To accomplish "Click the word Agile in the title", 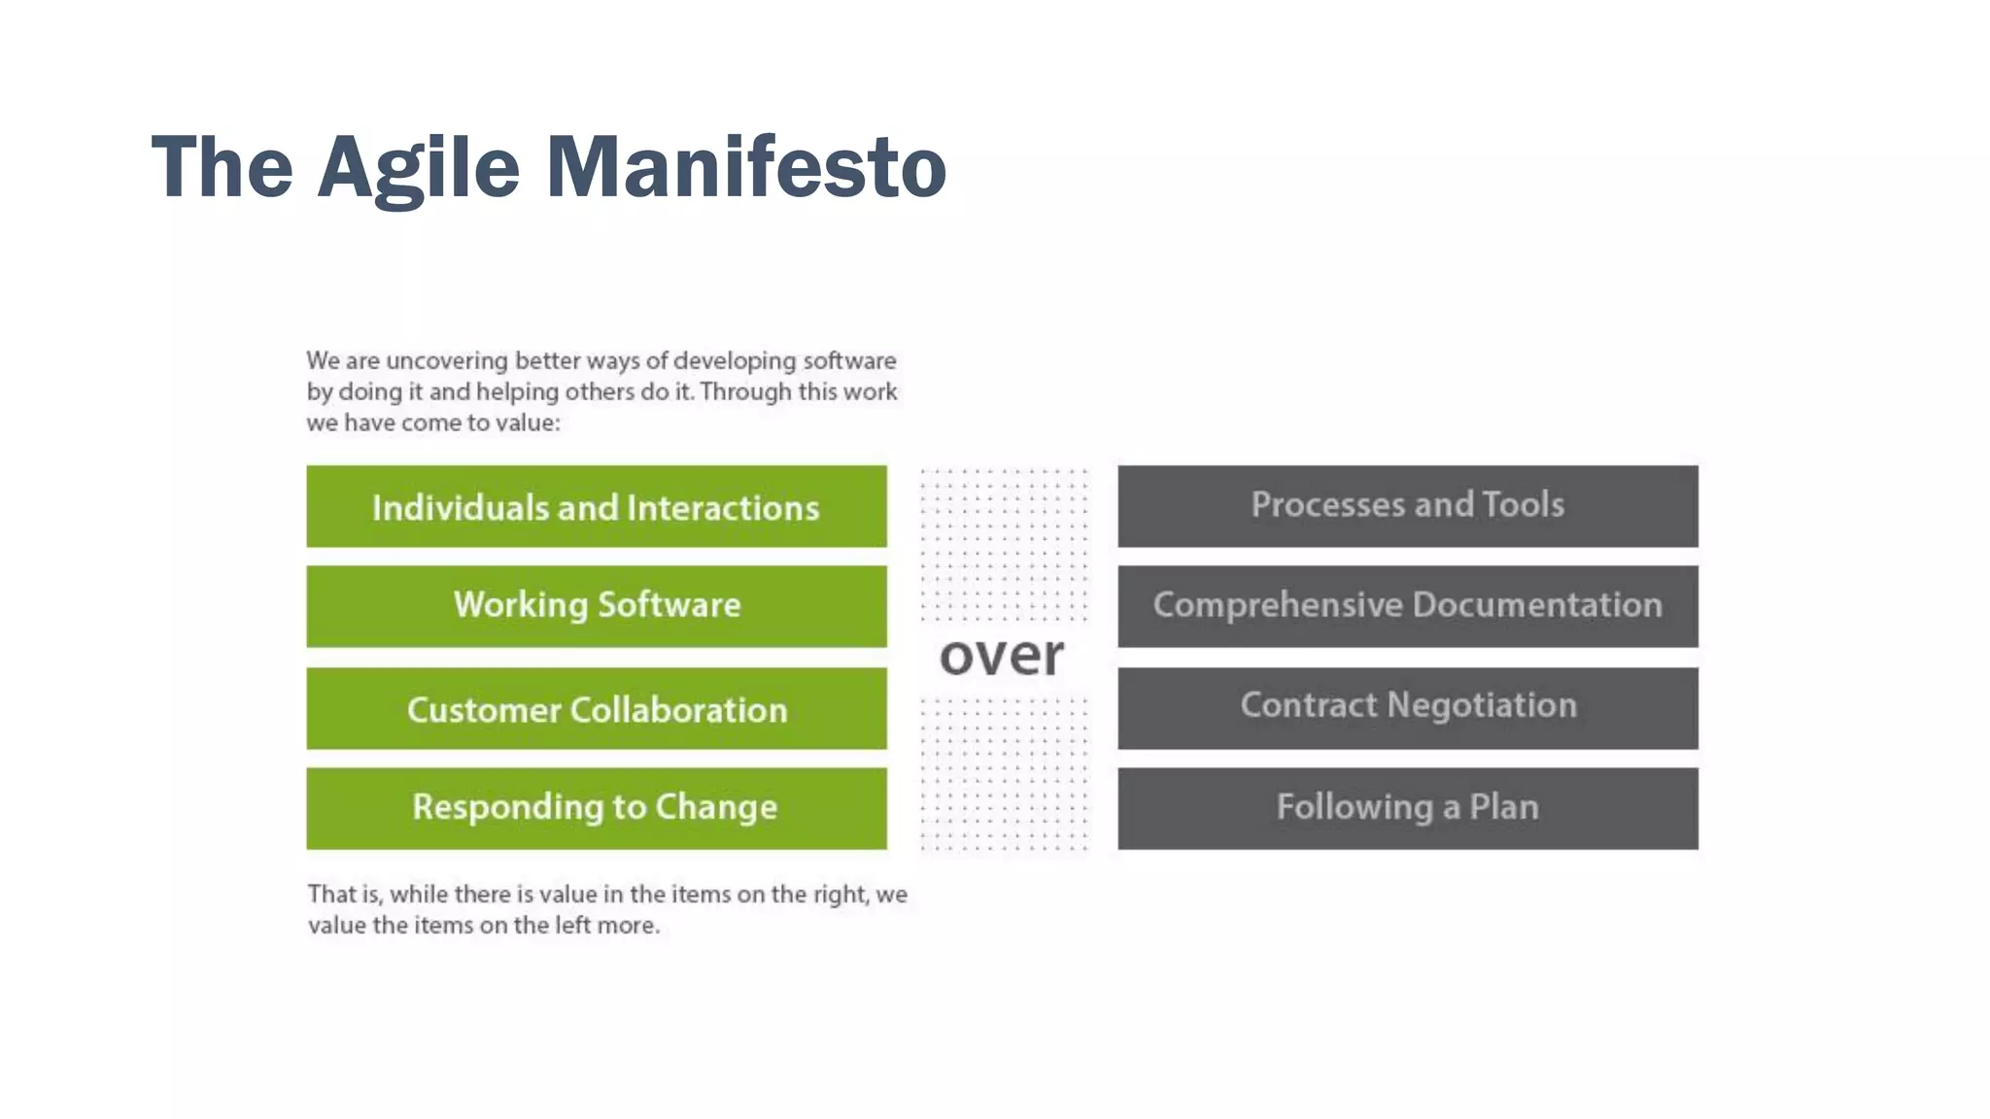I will [419, 167].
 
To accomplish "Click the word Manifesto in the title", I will [745, 167].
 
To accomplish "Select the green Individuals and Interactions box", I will [596, 506].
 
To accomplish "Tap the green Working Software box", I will [596, 606].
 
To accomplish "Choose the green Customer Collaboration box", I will [596, 708].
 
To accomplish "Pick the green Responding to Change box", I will [596, 808].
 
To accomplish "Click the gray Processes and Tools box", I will [1407, 506].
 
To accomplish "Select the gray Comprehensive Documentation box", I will [1407, 606].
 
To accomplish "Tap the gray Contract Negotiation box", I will [1407, 708].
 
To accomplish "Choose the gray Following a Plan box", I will [1407, 808].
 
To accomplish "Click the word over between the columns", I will [1002, 656].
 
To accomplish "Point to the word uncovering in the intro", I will [447, 361].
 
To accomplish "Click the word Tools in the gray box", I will [1523, 504].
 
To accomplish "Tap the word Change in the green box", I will [715, 807].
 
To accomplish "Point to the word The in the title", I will [222, 167].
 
